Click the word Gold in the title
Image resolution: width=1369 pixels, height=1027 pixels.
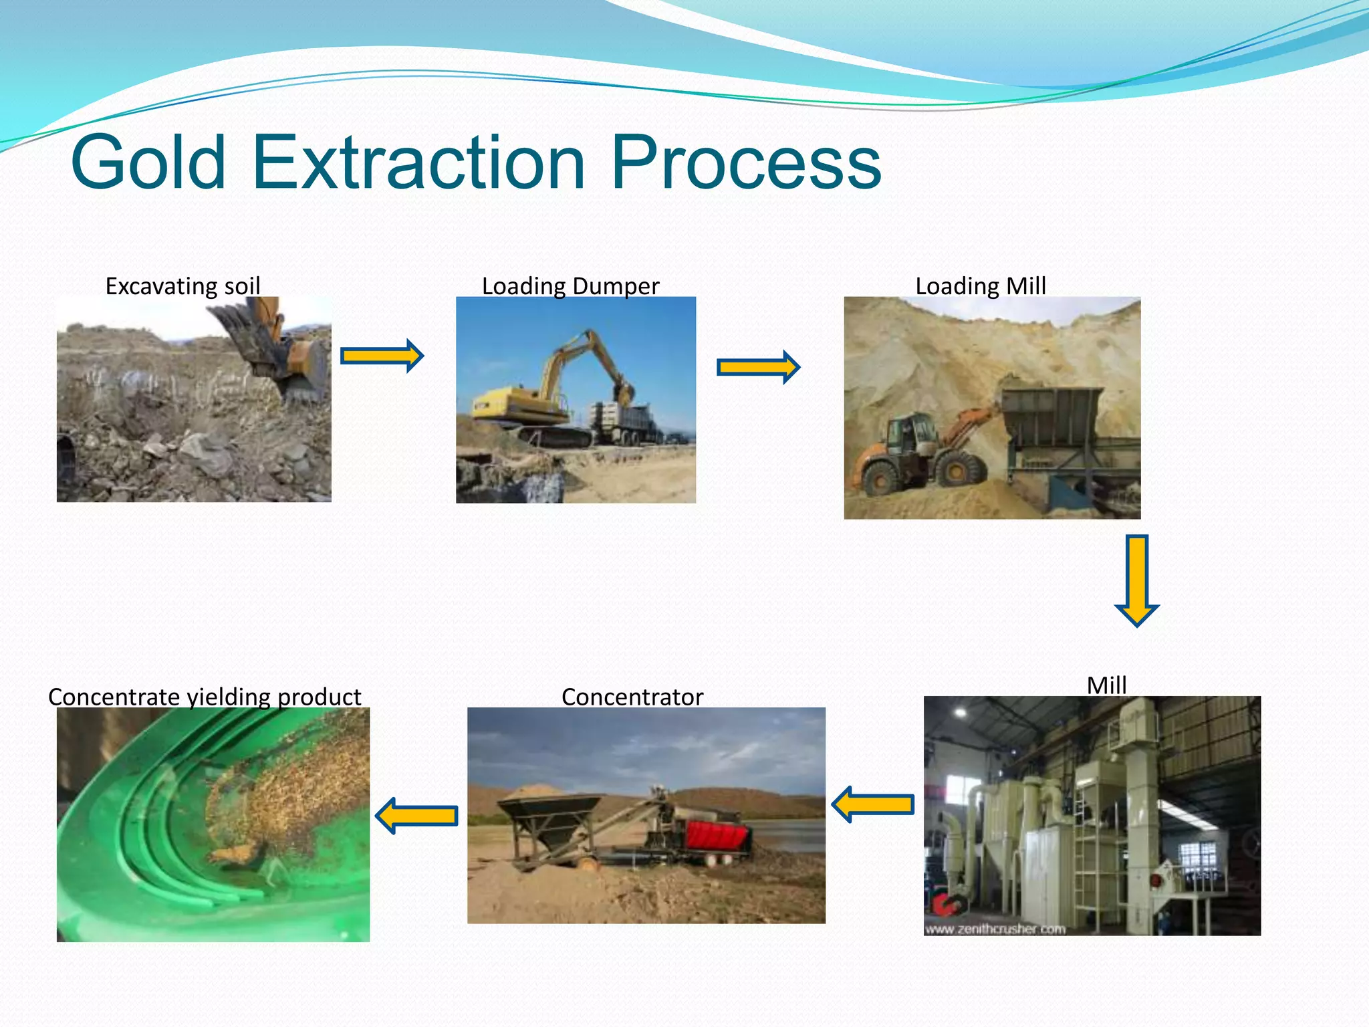point(148,162)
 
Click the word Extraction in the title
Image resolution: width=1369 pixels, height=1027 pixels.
point(420,162)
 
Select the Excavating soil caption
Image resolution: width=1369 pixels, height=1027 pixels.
point(182,286)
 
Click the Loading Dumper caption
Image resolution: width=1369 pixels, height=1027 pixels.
point(570,286)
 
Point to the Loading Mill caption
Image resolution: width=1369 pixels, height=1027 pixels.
point(980,286)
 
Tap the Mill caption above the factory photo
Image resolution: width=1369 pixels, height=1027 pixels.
point(1106,685)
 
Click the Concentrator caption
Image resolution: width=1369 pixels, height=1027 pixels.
point(632,697)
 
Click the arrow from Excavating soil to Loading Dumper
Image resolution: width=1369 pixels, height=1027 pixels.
point(382,356)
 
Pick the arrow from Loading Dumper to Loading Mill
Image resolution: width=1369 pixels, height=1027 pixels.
point(758,367)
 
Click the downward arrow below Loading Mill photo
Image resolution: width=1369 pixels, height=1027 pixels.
point(1136,580)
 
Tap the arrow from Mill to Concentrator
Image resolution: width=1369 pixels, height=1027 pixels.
point(873,804)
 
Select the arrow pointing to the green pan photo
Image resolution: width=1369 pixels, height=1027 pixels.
point(416,815)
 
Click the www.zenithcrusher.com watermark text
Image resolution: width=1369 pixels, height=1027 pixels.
point(995,929)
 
